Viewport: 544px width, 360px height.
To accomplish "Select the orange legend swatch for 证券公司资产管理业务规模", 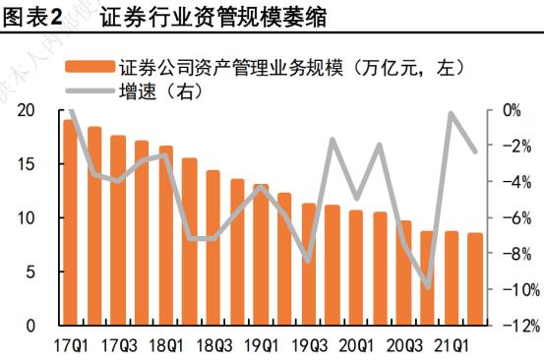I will tap(89, 68).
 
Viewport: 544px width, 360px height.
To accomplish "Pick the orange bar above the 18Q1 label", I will tap(166, 235).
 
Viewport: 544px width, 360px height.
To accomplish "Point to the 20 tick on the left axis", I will tap(27, 110).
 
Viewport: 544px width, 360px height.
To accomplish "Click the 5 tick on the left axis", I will tap(31, 271).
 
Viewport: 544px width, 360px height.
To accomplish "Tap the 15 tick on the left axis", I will tap(27, 164).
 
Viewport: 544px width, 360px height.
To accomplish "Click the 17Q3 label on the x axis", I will tap(119, 345).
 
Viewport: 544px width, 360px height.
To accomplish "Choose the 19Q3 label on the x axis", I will tap(310, 345).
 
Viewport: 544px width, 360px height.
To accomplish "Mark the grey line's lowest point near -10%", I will tap(428, 287).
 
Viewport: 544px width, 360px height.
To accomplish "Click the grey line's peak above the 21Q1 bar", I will tap(452, 114).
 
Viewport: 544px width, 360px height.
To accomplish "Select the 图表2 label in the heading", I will tap(34, 17).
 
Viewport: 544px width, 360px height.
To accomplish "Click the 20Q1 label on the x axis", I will tap(357, 345).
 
